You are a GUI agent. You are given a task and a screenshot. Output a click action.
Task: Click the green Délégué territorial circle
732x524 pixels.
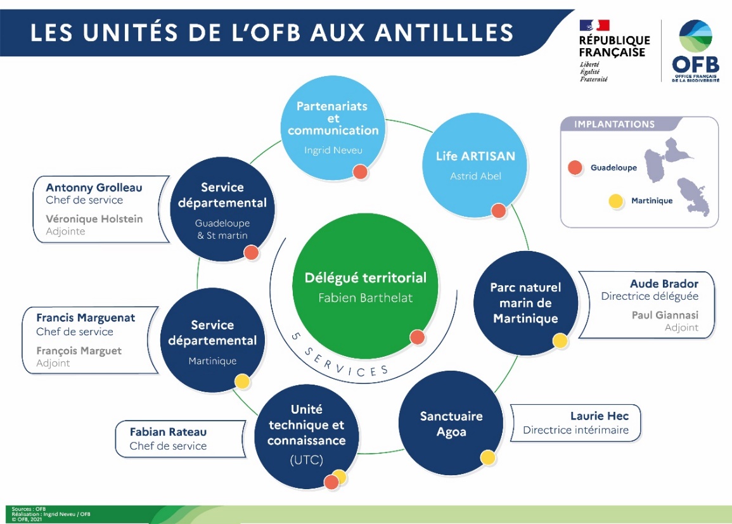(365, 286)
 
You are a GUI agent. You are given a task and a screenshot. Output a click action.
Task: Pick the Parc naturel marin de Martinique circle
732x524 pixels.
(525, 303)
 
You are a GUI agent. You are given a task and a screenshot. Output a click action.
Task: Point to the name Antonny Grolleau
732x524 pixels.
(94, 188)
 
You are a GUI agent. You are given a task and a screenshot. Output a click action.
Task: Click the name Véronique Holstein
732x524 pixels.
(94, 219)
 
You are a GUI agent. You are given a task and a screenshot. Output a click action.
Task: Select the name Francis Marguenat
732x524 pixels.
(86, 318)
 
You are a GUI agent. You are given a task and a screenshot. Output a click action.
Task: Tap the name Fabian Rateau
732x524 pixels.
(168, 432)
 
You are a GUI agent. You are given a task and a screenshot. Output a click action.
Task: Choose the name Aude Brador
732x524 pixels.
(664, 283)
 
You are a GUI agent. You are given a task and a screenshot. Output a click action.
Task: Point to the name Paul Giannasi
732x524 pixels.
(665, 315)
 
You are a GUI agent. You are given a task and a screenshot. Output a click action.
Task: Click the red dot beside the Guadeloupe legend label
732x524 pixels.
(575, 168)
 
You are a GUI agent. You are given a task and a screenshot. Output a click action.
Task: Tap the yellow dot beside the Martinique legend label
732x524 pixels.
(615, 201)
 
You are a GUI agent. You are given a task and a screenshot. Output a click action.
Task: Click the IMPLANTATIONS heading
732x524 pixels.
(613, 124)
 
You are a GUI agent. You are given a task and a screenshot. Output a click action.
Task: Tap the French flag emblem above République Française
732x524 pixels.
(594, 26)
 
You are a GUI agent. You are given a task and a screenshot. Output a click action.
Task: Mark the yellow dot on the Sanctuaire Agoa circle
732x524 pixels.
(487, 457)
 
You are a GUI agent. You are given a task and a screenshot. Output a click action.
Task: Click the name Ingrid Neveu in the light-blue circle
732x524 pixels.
(333, 151)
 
